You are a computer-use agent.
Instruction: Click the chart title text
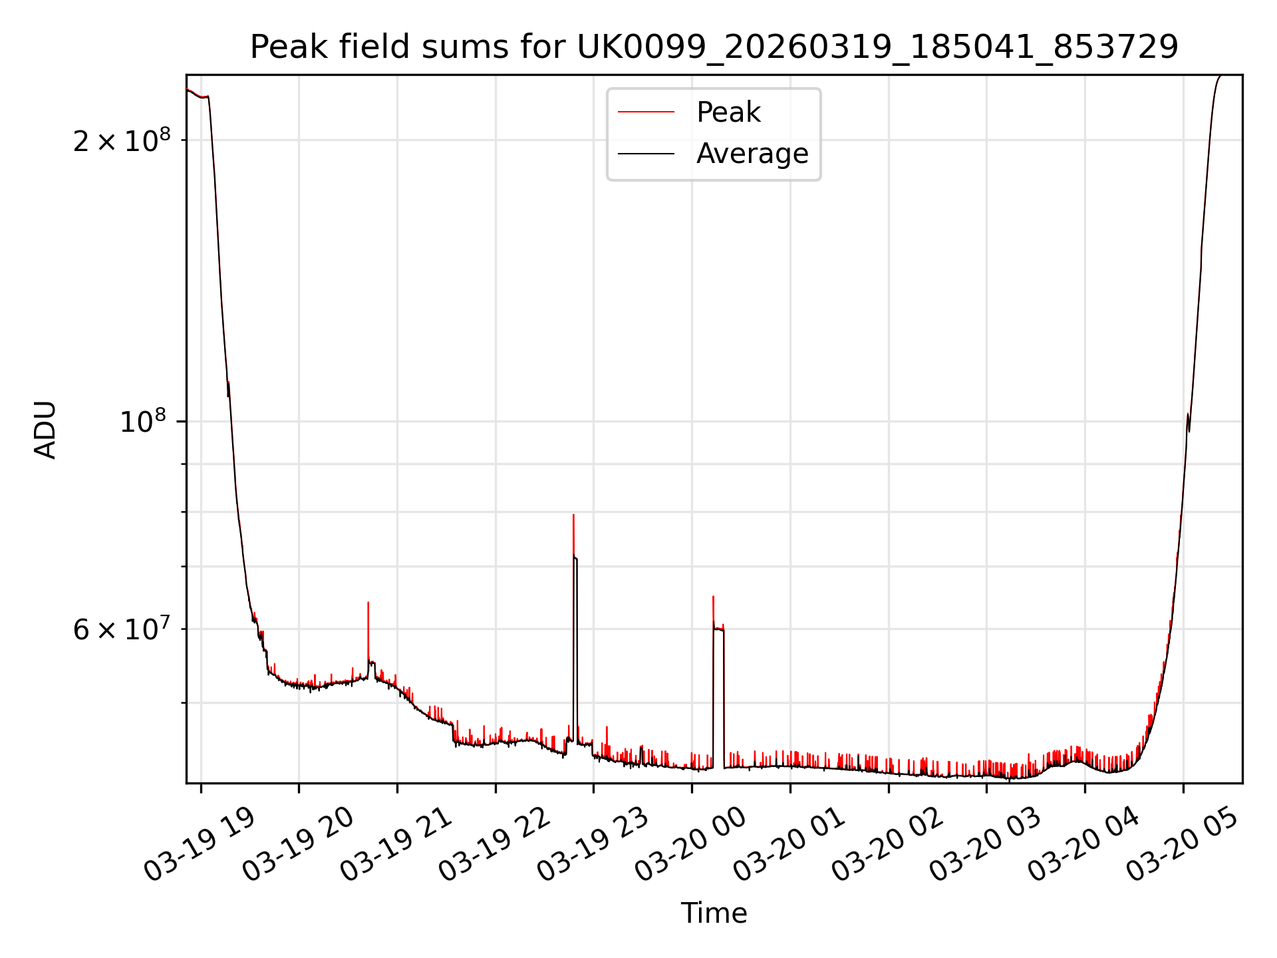714,47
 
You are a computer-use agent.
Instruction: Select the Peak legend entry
728,112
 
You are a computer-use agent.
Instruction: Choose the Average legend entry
752,154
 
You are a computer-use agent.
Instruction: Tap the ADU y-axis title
45,430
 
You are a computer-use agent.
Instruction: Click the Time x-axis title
714,913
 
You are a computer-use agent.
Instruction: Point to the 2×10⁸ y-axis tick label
122,140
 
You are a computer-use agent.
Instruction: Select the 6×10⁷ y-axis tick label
122,629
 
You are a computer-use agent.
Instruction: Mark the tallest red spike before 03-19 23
573,516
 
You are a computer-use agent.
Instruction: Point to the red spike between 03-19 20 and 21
368,604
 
